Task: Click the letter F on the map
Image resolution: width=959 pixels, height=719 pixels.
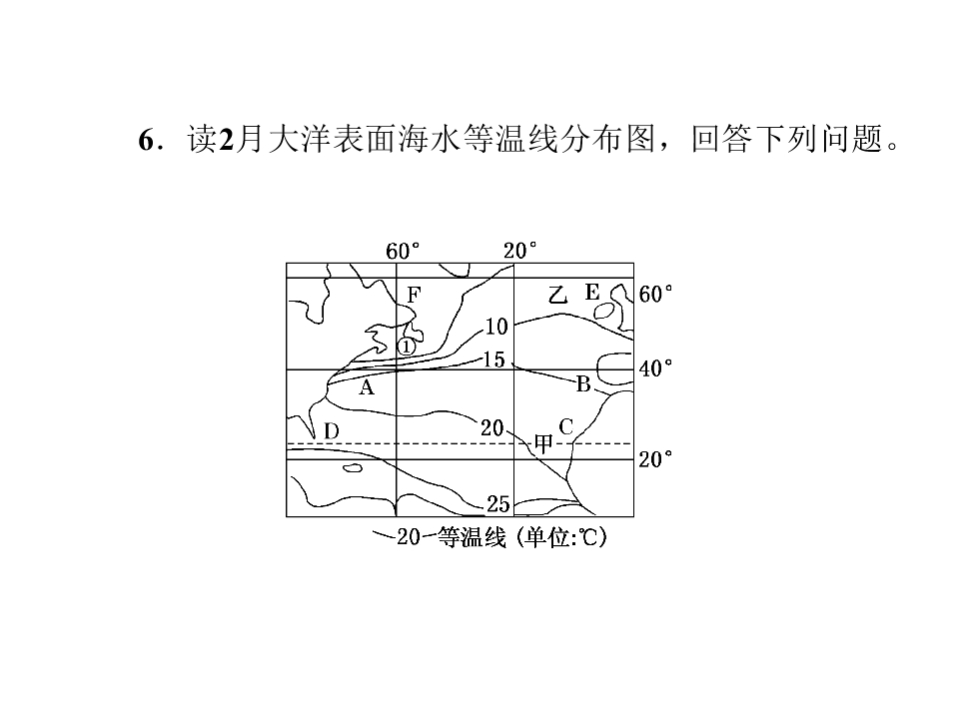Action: point(414,296)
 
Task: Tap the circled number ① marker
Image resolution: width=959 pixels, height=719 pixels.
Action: point(407,347)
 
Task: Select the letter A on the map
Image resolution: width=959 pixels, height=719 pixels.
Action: point(366,387)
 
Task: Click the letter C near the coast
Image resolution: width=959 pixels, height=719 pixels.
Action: point(565,426)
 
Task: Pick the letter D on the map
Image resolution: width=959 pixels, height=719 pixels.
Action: point(331,431)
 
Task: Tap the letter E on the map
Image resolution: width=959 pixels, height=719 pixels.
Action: point(592,293)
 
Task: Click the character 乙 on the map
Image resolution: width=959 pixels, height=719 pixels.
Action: point(557,295)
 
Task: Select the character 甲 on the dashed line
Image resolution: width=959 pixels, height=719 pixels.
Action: point(543,443)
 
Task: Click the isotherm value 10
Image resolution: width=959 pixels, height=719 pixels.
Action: point(496,328)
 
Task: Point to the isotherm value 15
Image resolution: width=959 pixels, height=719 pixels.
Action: point(494,359)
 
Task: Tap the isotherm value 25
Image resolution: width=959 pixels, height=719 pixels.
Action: point(497,503)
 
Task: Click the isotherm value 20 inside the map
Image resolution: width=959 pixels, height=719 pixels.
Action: point(491,428)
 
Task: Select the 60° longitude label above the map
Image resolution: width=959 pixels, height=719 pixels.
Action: point(403,251)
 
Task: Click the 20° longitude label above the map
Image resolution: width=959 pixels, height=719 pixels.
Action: point(519,251)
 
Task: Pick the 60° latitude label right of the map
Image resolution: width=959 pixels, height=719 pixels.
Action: point(655,294)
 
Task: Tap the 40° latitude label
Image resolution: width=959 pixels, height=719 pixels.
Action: point(655,368)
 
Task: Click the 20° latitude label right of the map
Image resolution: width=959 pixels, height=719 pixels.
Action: point(655,459)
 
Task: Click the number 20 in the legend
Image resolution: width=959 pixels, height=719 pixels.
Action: point(409,537)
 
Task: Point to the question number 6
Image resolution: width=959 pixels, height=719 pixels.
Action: point(146,140)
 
